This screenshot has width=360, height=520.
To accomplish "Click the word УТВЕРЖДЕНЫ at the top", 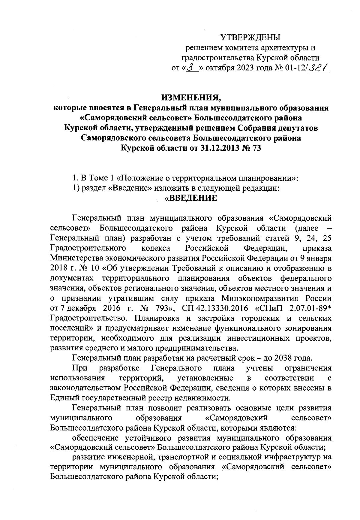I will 250,38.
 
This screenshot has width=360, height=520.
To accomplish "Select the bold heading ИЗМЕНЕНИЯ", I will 191,98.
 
